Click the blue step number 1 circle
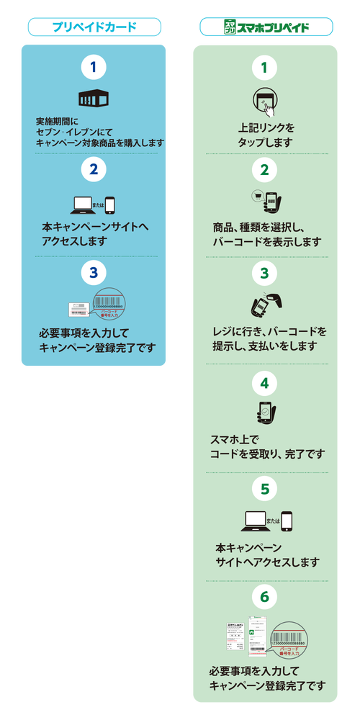[94, 68]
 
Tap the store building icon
[93, 99]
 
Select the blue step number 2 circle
[94, 170]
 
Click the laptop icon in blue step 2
[84, 204]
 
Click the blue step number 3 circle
[94, 272]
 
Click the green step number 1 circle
[265, 68]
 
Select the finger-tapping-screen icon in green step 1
[265, 102]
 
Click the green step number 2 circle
[265, 170]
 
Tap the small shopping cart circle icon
[256, 194]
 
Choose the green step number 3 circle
[265, 273]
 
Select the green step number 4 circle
[265, 382]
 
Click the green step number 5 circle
[265, 489]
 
